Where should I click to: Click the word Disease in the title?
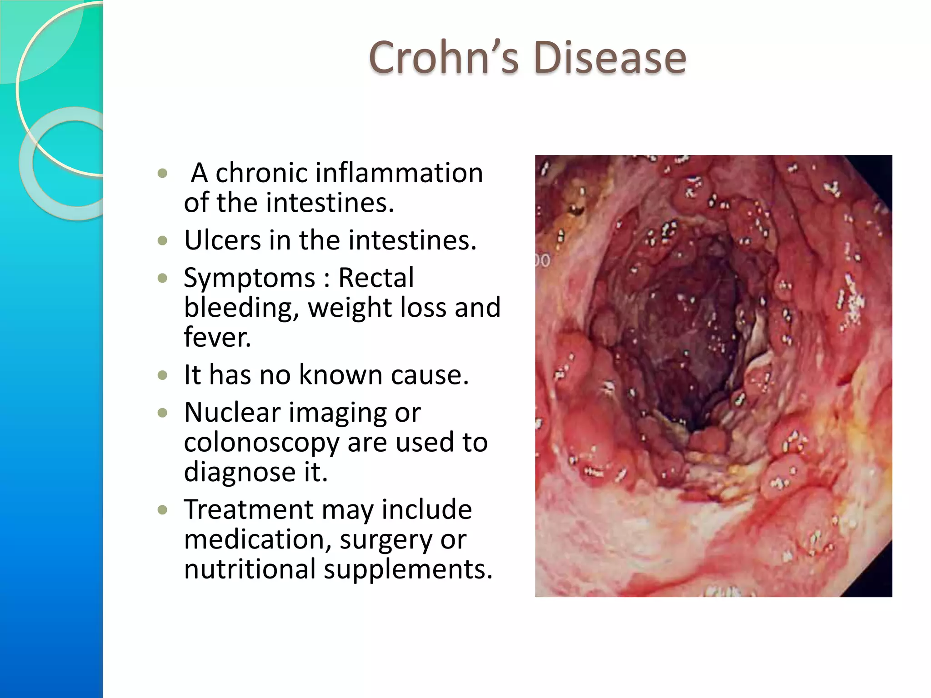[610, 58]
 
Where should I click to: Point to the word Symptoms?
[249, 279]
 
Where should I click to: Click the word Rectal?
[376, 278]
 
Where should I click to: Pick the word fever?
[217, 337]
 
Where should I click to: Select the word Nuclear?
[232, 413]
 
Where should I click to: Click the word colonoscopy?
[261, 443]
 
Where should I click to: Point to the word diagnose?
[239, 472]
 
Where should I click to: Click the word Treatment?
[248, 509]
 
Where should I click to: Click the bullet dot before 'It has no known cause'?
[163, 375]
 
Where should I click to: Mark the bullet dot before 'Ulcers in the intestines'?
[163, 240]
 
